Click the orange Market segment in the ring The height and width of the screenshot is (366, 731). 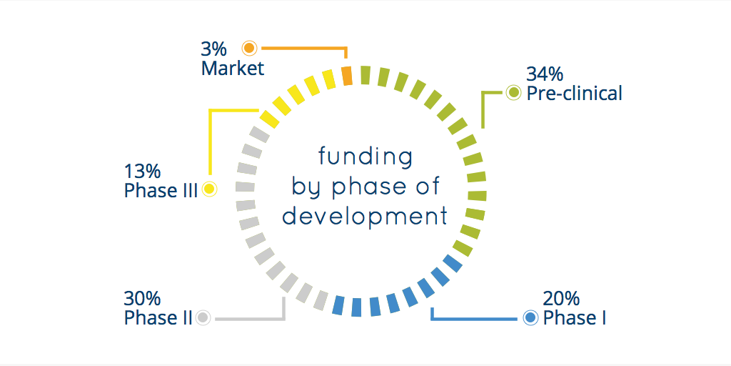tap(346, 76)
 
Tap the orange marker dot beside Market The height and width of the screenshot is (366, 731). tap(249, 48)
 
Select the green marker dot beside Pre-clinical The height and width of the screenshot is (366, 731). tap(513, 93)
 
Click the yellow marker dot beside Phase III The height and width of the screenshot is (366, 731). tap(209, 189)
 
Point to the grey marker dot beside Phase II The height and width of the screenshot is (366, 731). tap(203, 317)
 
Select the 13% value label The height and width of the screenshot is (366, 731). tap(142, 172)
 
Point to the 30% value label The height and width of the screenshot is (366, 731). tap(142, 298)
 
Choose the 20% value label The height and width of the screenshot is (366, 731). tap(561, 298)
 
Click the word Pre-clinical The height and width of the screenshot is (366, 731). tap(575, 94)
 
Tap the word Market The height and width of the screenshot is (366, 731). tap(233, 69)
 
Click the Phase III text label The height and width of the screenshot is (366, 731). tap(161, 191)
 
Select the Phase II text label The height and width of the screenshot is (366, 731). tap(158, 318)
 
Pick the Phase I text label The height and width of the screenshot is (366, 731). tap(575, 318)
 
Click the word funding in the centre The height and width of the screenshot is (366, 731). tap(365, 157)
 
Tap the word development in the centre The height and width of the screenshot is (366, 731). tap(365, 218)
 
